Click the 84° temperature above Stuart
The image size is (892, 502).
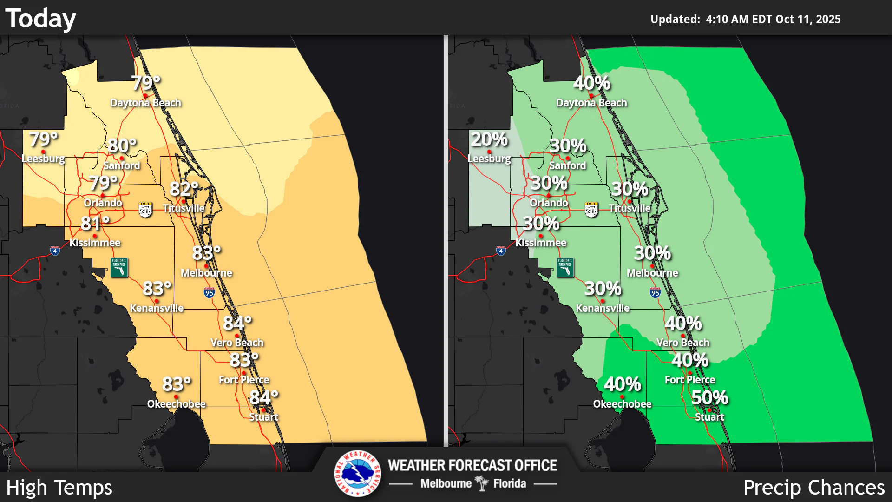(263, 397)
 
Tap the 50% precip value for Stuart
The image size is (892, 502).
(709, 397)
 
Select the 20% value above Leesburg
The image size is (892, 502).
(489, 139)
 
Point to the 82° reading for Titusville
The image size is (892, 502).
(184, 189)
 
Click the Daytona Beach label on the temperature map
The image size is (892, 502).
(145, 103)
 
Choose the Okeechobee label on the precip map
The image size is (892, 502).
(622, 404)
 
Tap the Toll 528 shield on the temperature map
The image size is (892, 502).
(145, 210)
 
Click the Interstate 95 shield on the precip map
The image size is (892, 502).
(655, 292)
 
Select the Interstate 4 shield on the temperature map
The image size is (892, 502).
(55, 251)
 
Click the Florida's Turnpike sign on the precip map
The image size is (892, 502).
(565, 268)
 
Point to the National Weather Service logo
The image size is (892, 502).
(358, 473)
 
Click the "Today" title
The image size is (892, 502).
(40, 19)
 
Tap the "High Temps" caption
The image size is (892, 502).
(59, 488)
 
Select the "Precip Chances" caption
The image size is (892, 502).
(813, 488)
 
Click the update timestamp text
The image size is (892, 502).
(745, 19)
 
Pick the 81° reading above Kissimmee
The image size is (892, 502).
(95, 224)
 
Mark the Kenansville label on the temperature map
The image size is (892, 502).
(157, 308)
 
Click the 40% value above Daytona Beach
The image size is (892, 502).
(591, 83)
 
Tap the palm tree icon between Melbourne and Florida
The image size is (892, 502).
(482, 483)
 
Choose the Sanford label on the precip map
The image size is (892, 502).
(567, 165)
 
